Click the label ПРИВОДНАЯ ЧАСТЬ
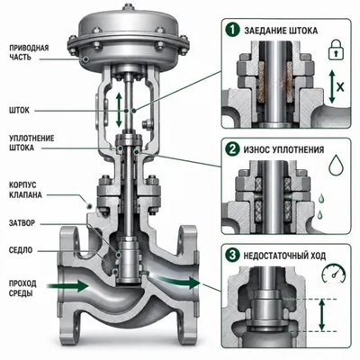click(x=29, y=52)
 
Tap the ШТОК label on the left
click(x=19, y=111)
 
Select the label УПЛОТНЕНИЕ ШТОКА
click(x=31, y=143)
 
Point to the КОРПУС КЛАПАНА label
click(x=25, y=190)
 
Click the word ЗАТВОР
click(x=22, y=223)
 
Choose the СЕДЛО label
click(x=21, y=250)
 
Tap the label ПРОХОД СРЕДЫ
click(x=22, y=288)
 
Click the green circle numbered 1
click(x=233, y=30)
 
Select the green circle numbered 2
click(x=232, y=149)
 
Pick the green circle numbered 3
click(x=232, y=256)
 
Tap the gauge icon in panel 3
click(x=334, y=274)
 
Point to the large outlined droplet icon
click(x=336, y=166)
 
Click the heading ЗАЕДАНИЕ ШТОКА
click(x=281, y=31)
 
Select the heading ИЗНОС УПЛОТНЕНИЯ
click(x=283, y=149)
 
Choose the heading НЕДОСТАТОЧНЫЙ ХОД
click(x=284, y=256)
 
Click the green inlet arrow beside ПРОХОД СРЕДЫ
click(x=67, y=285)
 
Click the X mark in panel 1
click(x=340, y=87)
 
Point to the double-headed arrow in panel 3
click(x=322, y=315)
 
